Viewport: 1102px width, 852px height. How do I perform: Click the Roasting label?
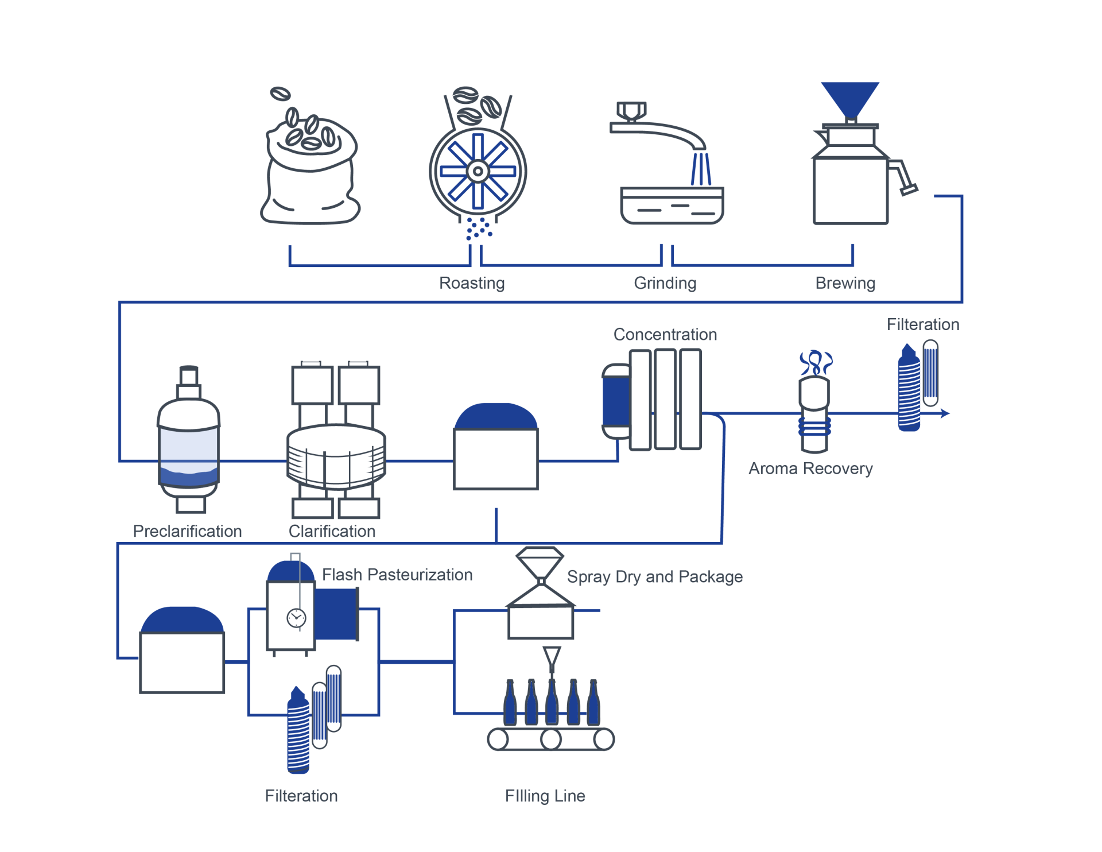pyautogui.click(x=472, y=283)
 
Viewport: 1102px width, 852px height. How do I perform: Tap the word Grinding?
pyautogui.click(x=665, y=283)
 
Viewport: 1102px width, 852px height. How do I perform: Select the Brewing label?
pyautogui.click(x=845, y=283)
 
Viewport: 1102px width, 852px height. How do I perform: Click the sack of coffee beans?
pyautogui.click(x=310, y=172)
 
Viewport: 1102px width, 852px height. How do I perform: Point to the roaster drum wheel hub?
pyautogui.click(x=478, y=171)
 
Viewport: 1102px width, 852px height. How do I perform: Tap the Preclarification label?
pyautogui.click(x=187, y=531)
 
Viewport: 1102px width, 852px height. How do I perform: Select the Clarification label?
pyautogui.click(x=332, y=531)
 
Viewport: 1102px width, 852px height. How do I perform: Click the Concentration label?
pyautogui.click(x=665, y=335)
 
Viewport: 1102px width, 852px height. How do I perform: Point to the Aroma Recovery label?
pyautogui.click(x=810, y=468)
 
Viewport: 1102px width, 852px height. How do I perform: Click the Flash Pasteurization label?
pyautogui.click(x=397, y=575)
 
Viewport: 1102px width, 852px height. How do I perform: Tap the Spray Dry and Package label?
pyautogui.click(x=654, y=577)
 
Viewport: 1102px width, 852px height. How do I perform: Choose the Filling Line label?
pyautogui.click(x=545, y=796)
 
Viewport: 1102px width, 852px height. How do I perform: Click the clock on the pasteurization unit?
pyautogui.click(x=296, y=618)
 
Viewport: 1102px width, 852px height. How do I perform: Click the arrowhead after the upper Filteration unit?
pyautogui.click(x=945, y=413)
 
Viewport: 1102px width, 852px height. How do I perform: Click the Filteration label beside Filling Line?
pyautogui.click(x=301, y=796)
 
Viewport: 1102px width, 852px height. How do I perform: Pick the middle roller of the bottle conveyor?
pyautogui.click(x=551, y=739)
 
